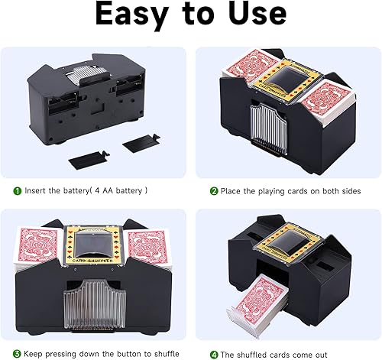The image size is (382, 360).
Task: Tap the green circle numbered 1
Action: pyautogui.click(x=17, y=190)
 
